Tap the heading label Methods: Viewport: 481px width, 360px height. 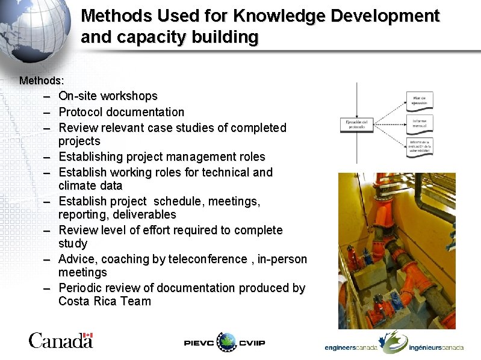point(42,80)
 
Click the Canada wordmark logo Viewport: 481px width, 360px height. point(60,341)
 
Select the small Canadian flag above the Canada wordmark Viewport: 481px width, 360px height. point(88,336)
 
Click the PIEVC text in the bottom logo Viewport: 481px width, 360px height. point(199,343)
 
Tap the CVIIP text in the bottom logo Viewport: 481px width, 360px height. point(252,343)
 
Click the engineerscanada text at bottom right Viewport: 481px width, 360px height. point(351,348)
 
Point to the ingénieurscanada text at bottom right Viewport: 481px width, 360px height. point(436,348)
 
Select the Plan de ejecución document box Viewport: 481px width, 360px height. point(419,101)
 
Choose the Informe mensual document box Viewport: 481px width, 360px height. point(419,123)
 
